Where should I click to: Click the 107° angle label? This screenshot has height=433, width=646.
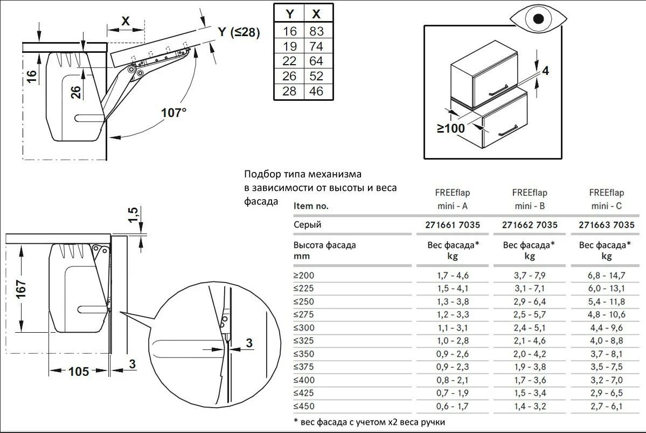pos(173,113)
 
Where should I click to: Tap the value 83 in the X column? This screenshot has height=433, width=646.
pos(316,31)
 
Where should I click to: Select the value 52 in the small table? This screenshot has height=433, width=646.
pos(316,76)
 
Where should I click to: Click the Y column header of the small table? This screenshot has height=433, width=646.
pos(290,14)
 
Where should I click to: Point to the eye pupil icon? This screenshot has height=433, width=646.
pos(538,19)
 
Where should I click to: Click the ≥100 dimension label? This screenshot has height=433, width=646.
pos(451,129)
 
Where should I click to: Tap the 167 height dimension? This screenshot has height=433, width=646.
pos(21,289)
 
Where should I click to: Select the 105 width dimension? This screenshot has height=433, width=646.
pos(79,372)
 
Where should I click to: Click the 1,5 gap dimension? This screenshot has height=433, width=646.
pos(133,215)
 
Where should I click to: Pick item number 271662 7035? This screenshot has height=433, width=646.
pos(530,225)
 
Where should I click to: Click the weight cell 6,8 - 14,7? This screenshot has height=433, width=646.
pos(607,276)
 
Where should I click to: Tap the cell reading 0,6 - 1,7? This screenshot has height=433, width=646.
pos(453,407)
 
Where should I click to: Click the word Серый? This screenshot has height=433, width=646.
pos(307,225)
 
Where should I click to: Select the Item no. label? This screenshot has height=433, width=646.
pos(311,206)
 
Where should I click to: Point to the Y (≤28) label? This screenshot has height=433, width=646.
pos(239,32)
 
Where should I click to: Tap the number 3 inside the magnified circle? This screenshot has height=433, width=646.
pos(249,343)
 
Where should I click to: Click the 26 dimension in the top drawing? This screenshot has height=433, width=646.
pos(76,92)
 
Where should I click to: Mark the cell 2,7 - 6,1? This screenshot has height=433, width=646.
pos(606,407)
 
